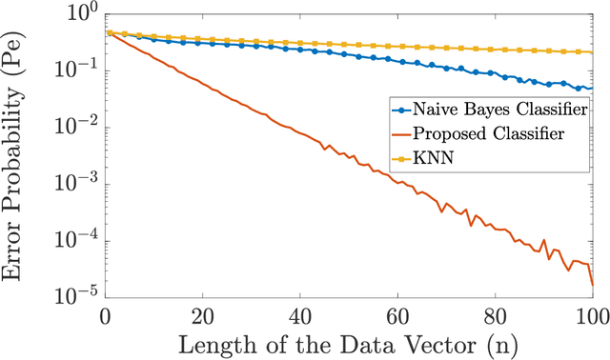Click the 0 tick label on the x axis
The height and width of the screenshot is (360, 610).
pos(106,315)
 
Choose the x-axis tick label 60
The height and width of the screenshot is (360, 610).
pos(397,315)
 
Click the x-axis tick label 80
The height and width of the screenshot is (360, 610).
pos(495,315)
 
